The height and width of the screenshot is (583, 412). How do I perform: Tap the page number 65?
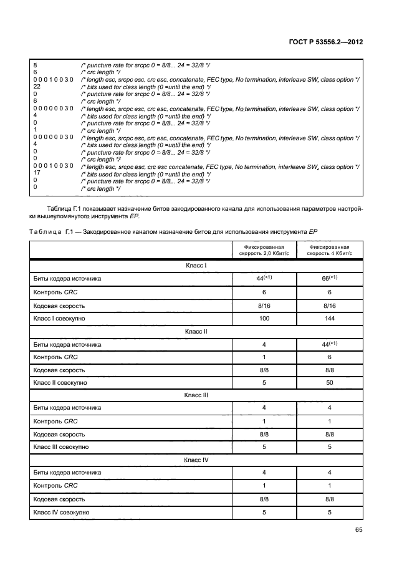pos(358,530)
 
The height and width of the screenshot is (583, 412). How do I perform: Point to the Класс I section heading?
pos(196,266)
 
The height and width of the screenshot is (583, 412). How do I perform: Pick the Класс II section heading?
pos(196,331)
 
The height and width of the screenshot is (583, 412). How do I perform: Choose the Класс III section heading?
pos(196,395)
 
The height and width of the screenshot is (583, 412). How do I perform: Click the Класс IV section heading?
pos(196,460)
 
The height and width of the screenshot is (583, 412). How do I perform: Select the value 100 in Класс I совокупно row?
pos(264,319)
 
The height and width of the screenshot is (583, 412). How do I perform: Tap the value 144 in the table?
pos(330,319)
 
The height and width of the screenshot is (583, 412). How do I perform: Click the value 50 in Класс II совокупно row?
pos(330,382)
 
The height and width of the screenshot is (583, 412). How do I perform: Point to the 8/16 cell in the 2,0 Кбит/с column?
pos(264,306)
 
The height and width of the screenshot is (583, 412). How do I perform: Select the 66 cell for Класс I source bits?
pos(328,279)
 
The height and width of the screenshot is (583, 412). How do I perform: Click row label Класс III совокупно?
pos(61,447)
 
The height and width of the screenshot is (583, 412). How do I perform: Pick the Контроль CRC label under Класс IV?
pos(56,486)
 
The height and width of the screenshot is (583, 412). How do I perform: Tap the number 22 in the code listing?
pos(37,87)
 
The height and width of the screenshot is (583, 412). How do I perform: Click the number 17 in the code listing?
pos(37,174)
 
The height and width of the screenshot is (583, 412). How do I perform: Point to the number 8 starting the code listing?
pos(35,65)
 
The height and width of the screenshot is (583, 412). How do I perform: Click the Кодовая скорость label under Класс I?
pos(59,306)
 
